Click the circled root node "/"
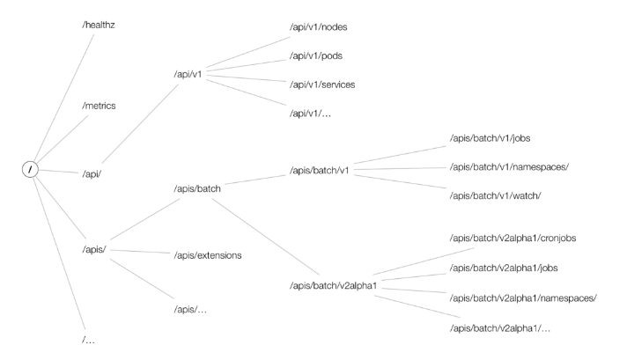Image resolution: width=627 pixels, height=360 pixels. pos(30,168)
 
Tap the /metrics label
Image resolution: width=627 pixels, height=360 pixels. pos(99,106)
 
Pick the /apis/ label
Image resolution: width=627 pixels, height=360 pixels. pos(95,248)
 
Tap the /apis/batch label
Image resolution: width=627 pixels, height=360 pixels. pos(203,187)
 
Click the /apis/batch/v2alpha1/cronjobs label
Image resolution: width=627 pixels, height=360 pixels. pos(512,238)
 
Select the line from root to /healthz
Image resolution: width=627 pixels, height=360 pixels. pos(56,96)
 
